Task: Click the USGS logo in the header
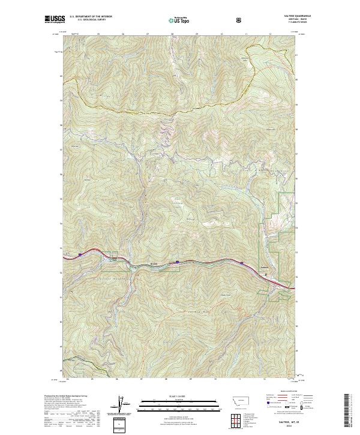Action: (55, 20)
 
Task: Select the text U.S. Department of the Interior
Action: (91, 17)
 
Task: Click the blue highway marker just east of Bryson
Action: (178, 262)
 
